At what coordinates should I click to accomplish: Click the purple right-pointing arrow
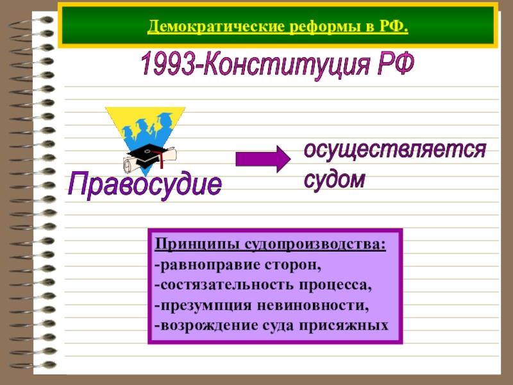(262, 158)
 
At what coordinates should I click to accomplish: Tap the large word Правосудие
(146, 185)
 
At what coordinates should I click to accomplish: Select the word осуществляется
(394, 151)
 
